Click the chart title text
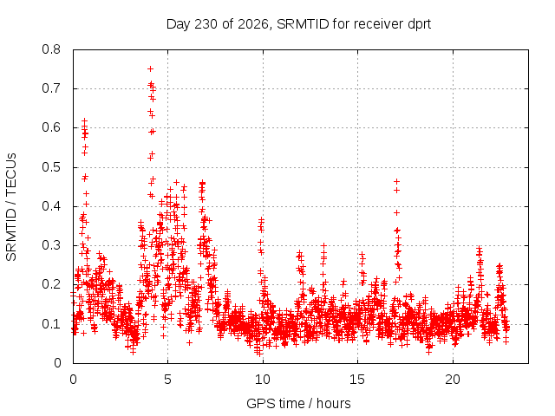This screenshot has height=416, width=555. (298, 24)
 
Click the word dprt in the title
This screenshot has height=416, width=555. (420, 25)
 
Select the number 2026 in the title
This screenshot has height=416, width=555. (252, 24)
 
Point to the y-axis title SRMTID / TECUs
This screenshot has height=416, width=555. (11, 207)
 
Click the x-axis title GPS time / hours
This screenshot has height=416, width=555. (298, 403)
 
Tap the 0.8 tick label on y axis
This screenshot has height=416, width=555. (51, 49)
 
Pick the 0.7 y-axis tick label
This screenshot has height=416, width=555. (51, 88)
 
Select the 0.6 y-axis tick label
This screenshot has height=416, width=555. (51, 127)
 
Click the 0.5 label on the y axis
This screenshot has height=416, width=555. (51, 167)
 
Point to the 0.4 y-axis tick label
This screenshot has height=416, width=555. (51, 206)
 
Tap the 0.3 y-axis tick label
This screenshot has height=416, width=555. (51, 245)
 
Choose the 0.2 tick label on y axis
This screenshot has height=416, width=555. (51, 284)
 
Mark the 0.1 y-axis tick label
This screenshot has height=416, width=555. (51, 323)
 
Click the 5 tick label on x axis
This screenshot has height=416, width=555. (167, 380)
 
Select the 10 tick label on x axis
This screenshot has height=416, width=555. (263, 380)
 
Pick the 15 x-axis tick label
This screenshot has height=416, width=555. (357, 380)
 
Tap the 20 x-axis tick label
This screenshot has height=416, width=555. (453, 380)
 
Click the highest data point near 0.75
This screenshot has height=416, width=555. (150, 68)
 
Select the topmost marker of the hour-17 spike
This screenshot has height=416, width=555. (397, 181)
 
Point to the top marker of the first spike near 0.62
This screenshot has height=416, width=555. (84, 121)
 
